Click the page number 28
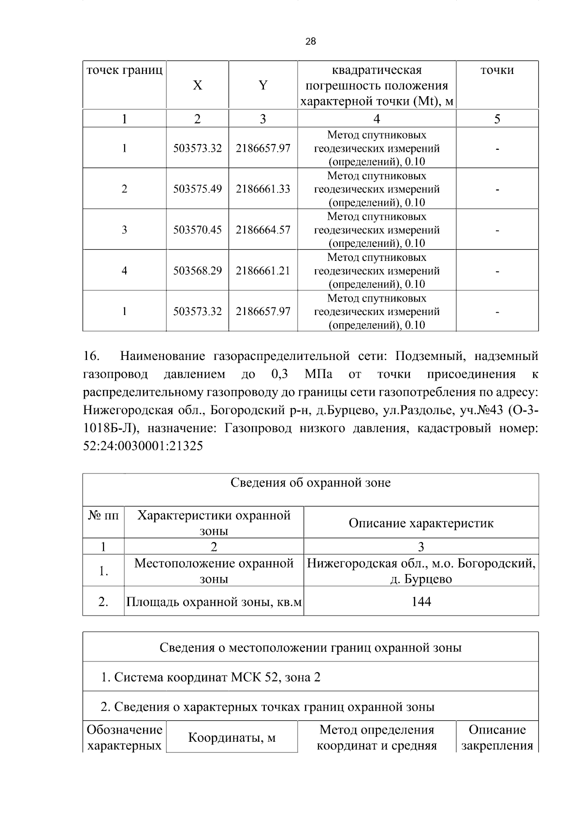pyautogui.click(x=311, y=42)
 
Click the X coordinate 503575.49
pyautogui.click(x=197, y=189)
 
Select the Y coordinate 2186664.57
pyautogui.click(x=263, y=230)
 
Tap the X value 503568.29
pyautogui.click(x=197, y=271)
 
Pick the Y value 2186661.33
pyautogui.click(x=263, y=189)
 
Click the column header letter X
pyautogui.click(x=197, y=86)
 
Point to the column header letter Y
pyautogui.click(x=263, y=86)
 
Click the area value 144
pyautogui.click(x=421, y=602)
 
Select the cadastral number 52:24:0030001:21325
pyautogui.click(x=143, y=446)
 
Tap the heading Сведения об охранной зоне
pyautogui.click(x=310, y=483)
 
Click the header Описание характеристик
pyautogui.click(x=421, y=523)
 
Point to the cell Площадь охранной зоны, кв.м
pyautogui.click(x=214, y=602)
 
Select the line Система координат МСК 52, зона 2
pyautogui.click(x=211, y=677)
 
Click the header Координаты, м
pyautogui.click(x=232, y=738)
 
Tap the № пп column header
pyautogui.click(x=103, y=516)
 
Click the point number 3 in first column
pyautogui.click(x=124, y=230)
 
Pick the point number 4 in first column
pyautogui.click(x=124, y=271)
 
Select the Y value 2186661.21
pyautogui.click(x=263, y=271)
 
